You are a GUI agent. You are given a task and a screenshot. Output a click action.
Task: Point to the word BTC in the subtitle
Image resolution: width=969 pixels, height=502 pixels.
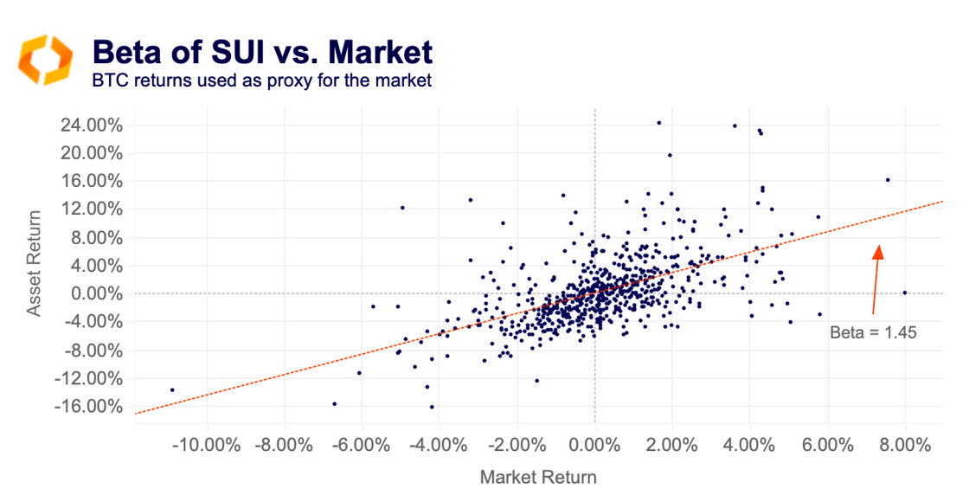108,81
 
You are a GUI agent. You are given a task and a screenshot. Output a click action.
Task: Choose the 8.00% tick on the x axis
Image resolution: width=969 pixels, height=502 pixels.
906,446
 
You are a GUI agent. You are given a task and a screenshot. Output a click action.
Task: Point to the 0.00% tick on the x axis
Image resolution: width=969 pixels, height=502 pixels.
594,446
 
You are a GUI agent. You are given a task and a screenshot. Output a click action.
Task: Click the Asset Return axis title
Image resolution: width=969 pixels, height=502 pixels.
35,266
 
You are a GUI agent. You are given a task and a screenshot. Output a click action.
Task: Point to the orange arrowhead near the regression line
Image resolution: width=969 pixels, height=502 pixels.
879,251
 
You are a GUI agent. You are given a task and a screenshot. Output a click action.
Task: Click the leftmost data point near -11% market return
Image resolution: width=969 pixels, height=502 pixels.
172,389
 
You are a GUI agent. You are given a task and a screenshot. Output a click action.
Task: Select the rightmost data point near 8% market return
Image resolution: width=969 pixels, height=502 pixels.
905,293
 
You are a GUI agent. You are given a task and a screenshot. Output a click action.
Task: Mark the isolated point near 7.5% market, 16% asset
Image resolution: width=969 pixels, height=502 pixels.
888,180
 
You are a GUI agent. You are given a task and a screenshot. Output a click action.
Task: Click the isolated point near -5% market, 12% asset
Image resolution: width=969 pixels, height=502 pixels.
402,208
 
